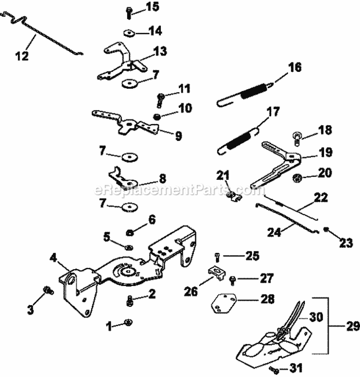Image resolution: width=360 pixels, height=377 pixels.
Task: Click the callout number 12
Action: pos(22,56)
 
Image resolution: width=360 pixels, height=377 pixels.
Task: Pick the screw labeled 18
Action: pos(297,140)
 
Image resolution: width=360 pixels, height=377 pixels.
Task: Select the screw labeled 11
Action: pos(160,99)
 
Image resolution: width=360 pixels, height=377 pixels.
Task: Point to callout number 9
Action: pos(178,136)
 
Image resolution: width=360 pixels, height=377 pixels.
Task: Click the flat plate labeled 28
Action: pos(223,304)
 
